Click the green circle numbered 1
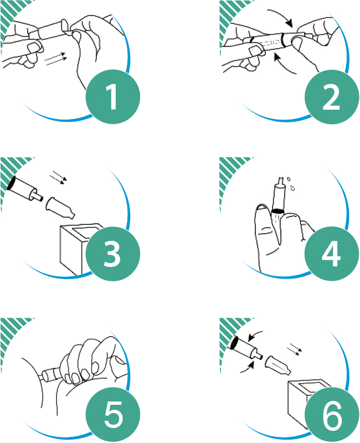(113, 96)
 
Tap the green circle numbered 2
(332, 96)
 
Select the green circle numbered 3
(113, 254)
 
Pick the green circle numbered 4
(332, 254)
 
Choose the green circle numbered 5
(113, 414)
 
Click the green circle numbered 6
(332, 414)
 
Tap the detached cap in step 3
(60, 208)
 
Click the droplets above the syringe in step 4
(291, 184)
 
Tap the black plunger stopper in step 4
(277, 211)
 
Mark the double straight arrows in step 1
(55, 59)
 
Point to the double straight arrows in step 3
(58, 179)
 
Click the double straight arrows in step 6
(295, 349)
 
